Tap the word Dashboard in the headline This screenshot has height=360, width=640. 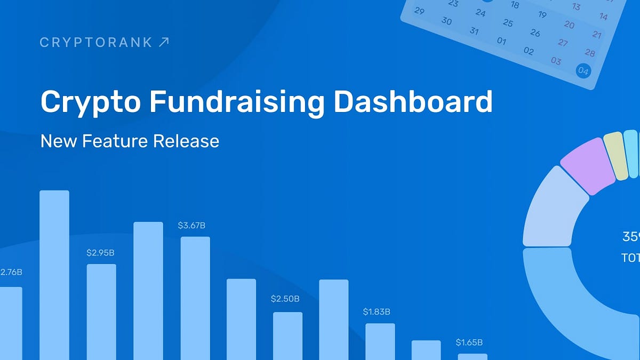[x=413, y=102]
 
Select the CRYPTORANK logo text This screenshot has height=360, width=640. [x=96, y=42]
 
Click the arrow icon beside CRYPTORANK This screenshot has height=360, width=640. [x=164, y=42]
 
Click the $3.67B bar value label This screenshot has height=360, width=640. [x=191, y=226]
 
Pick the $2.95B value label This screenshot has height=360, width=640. [x=100, y=253]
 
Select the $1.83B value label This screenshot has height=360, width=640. [x=377, y=311]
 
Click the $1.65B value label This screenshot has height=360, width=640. [x=469, y=342]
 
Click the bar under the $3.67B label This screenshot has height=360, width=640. [x=195, y=299]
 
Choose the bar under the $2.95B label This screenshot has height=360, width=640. [x=101, y=312]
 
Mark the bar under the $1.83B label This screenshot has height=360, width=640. [x=380, y=341]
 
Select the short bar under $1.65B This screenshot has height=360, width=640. [x=473, y=356]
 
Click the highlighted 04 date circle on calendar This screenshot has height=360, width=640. [x=583, y=71]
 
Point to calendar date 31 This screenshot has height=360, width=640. [x=474, y=31]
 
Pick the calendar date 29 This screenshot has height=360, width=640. [x=419, y=11]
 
